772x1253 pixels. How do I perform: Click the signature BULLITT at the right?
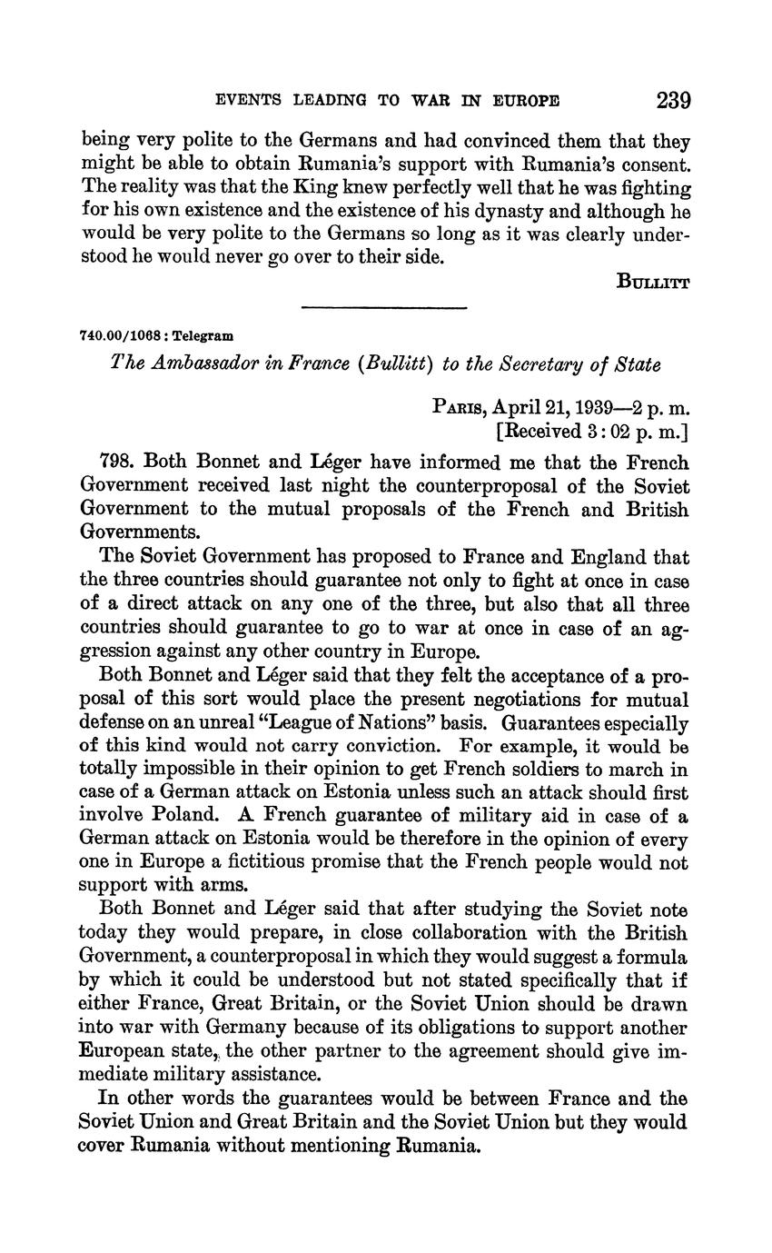(x=653, y=281)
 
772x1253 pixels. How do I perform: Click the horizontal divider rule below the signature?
(x=383, y=308)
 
